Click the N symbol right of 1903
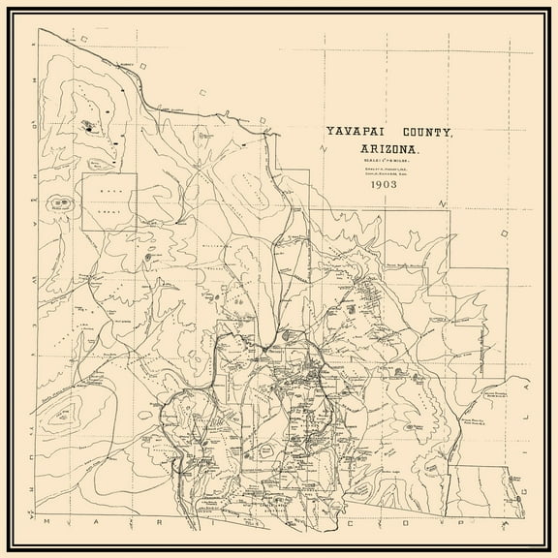point(442,203)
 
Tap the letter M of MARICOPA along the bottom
point(58,523)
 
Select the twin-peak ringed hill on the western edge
point(63,203)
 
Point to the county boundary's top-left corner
point(39,29)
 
